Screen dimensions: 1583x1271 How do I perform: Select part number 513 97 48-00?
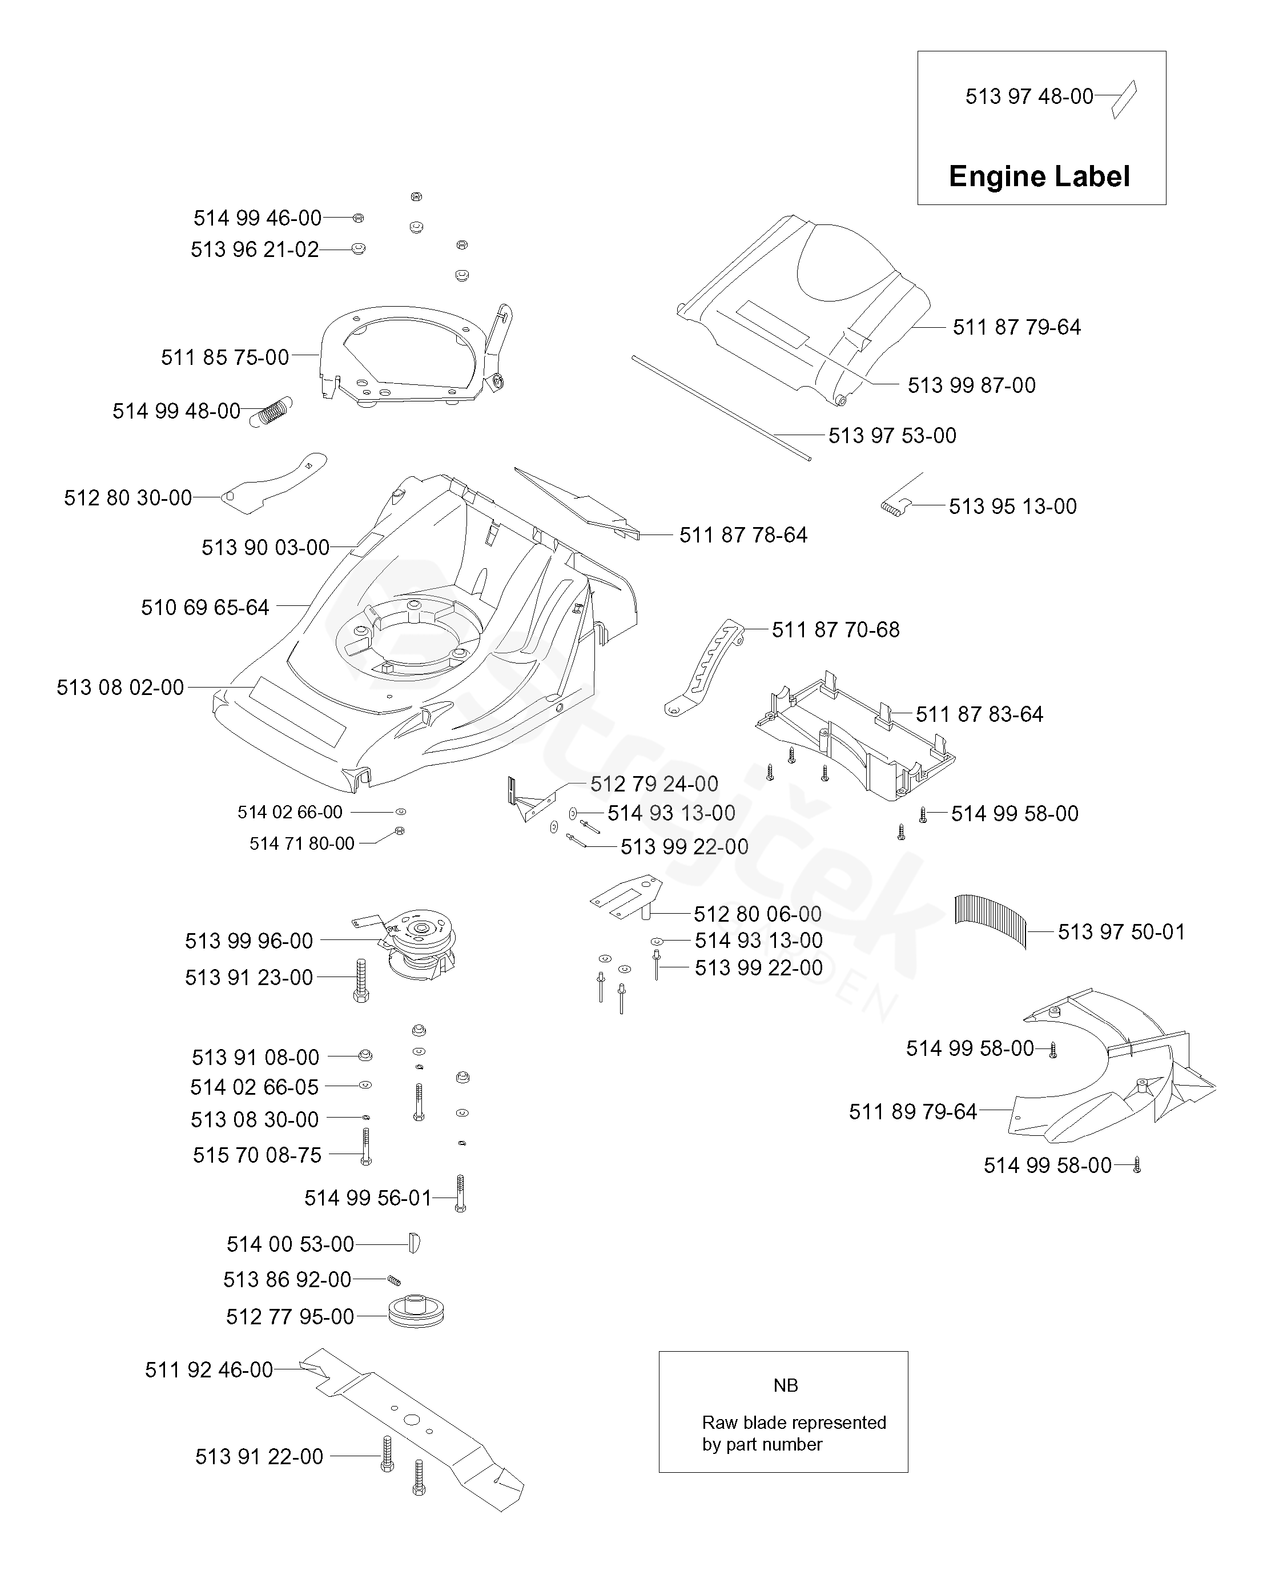pyautogui.click(x=1029, y=96)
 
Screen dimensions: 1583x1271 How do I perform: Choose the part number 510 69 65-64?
pyautogui.click(x=205, y=607)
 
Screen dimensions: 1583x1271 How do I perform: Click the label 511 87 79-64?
pyautogui.click(x=1016, y=327)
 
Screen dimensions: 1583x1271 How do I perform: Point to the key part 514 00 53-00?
pyautogui.click(x=413, y=1243)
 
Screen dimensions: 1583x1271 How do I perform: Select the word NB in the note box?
pyautogui.click(x=785, y=1385)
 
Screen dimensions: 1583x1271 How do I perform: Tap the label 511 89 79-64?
pyautogui.click(x=912, y=1112)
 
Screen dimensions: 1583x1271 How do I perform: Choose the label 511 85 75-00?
pyautogui.click(x=225, y=357)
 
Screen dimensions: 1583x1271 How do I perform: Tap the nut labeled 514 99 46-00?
pyautogui.click(x=359, y=218)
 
